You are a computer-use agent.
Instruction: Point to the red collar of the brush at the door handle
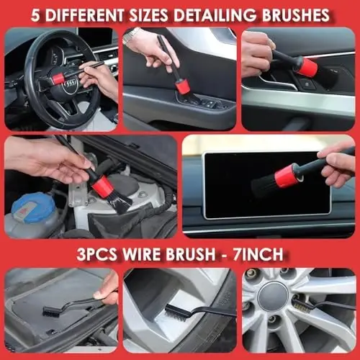pyautogui.click(x=307, y=67)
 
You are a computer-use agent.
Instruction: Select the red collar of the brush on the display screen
pyautogui.click(x=289, y=175)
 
